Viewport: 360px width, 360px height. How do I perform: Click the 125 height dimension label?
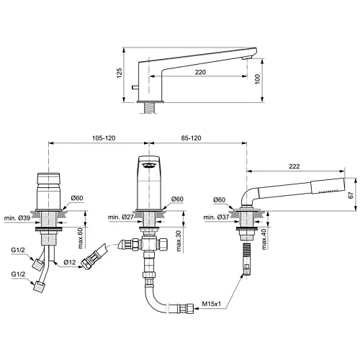[x=120, y=73]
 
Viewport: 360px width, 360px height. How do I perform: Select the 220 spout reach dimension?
[x=200, y=72]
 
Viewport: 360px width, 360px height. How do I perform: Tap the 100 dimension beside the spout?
[x=257, y=79]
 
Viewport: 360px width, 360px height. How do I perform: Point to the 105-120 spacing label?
[x=104, y=138]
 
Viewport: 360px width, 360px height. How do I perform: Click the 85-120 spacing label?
[x=191, y=138]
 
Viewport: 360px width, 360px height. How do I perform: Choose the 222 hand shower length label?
[x=294, y=166]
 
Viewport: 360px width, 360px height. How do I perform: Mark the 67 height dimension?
[x=351, y=195]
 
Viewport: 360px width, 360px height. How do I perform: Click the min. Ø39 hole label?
[x=17, y=218]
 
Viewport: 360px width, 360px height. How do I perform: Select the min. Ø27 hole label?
[x=120, y=217]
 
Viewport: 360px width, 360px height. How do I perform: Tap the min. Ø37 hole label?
[x=216, y=217]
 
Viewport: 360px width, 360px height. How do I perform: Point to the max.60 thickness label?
[x=80, y=238]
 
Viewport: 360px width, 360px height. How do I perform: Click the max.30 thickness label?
[x=179, y=240]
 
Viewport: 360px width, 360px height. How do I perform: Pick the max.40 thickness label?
[x=264, y=239]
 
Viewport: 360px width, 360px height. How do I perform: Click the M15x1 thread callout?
[x=211, y=304]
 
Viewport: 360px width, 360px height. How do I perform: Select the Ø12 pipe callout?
[x=70, y=262]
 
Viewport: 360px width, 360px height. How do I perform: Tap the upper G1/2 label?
[x=18, y=250]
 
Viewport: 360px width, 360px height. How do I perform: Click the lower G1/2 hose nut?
[x=39, y=287]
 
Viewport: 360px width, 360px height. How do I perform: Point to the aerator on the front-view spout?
[x=149, y=165]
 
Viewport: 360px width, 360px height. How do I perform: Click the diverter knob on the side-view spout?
[x=135, y=87]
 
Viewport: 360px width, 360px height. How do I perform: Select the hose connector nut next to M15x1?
[x=187, y=308]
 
